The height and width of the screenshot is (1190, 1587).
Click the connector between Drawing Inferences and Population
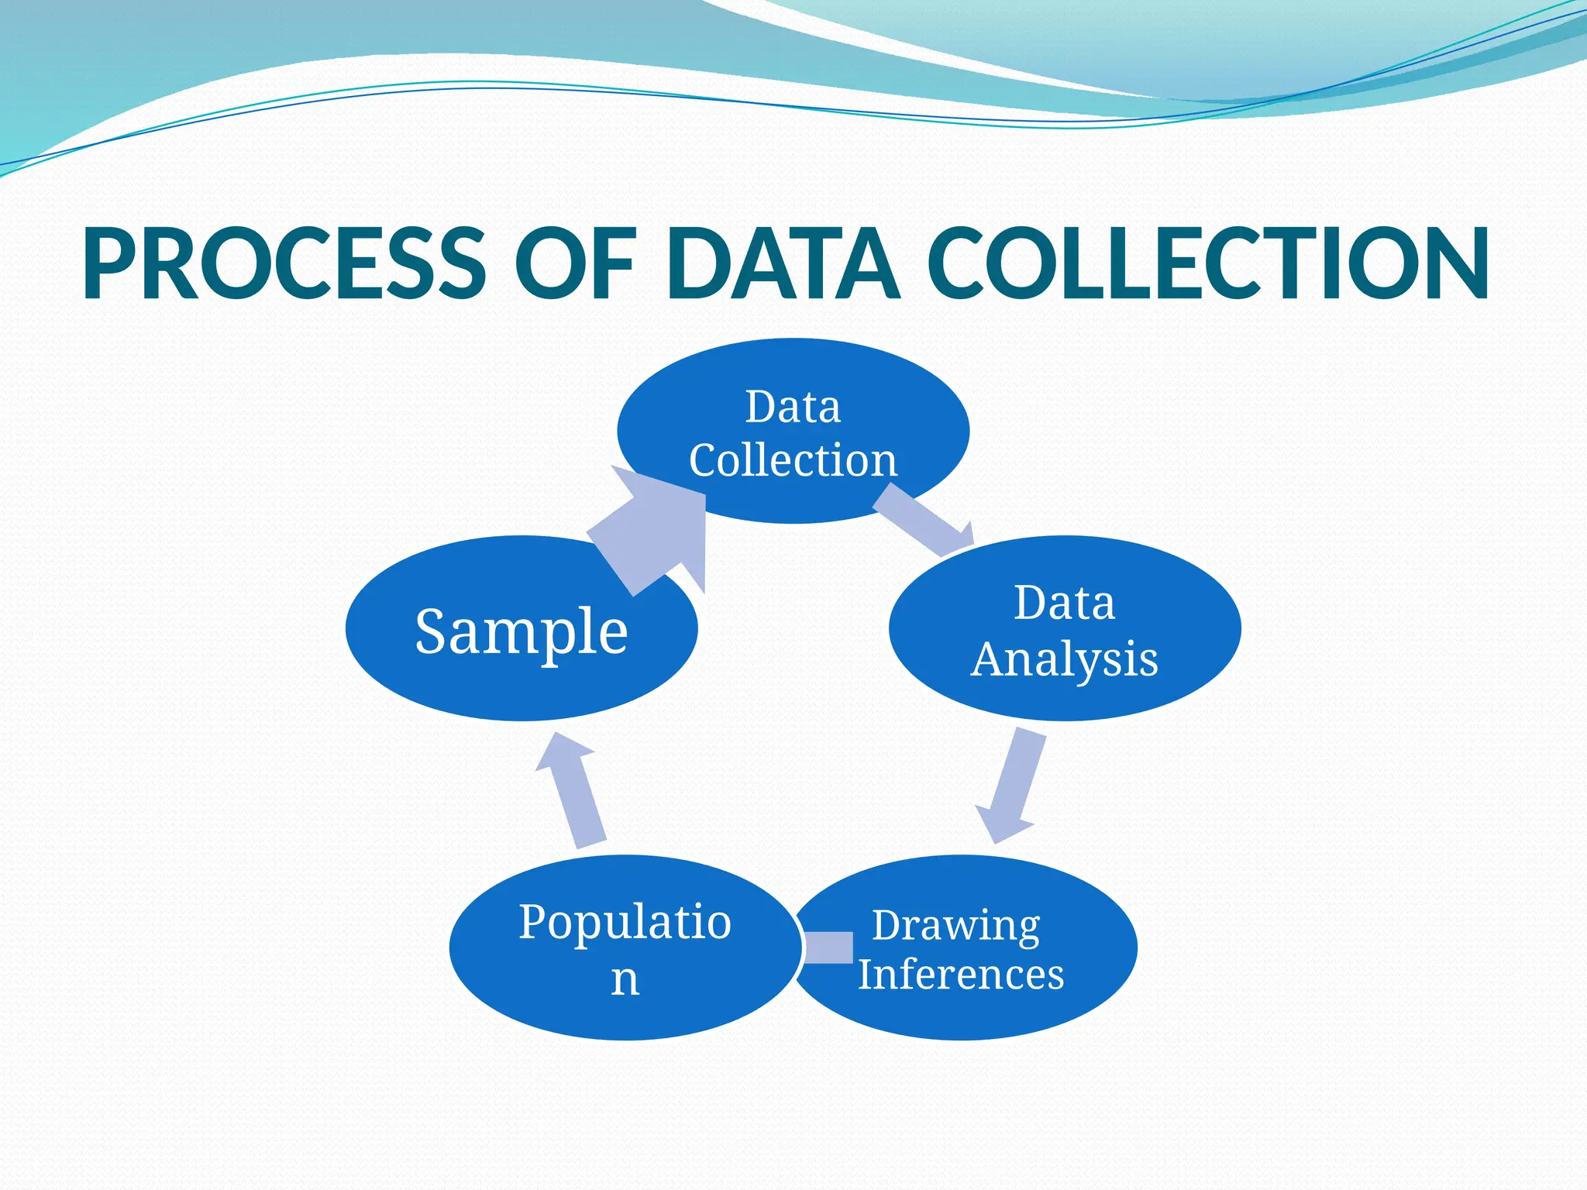click(x=828, y=948)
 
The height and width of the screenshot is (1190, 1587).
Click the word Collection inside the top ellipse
click(x=793, y=460)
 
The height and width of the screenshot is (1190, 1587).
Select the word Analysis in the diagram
click(x=1064, y=660)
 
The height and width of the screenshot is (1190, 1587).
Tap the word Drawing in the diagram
click(x=956, y=926)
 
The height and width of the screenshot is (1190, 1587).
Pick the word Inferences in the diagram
click(x=961, y=974)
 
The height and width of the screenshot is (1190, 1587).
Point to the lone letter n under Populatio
click(x=625, y=980)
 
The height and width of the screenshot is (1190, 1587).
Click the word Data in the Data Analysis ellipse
click(x=1064, y=603)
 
